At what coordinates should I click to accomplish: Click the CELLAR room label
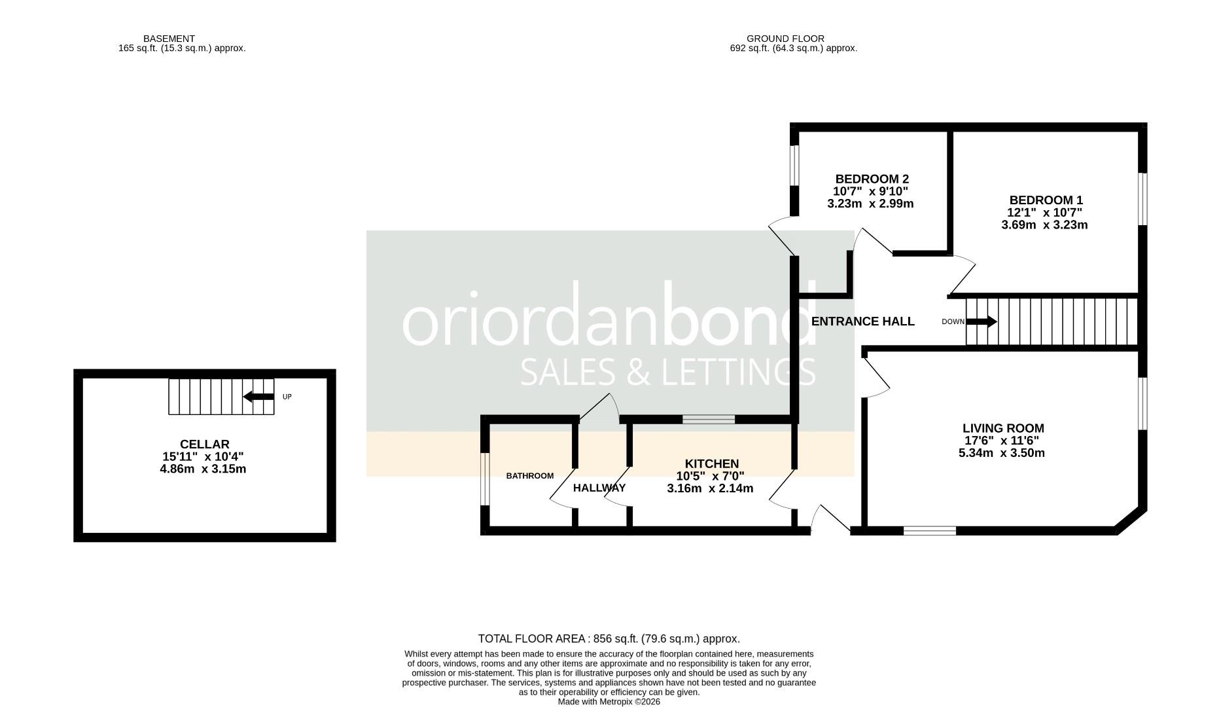(204, 444)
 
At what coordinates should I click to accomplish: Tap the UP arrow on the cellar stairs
(258, 397)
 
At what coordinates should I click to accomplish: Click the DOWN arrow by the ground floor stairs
(982, 321)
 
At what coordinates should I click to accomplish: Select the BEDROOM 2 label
(872, 179)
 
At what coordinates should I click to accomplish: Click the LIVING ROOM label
(1002, 429)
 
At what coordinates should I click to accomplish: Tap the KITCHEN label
(711, 464)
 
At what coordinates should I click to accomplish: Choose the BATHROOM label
(529, 476)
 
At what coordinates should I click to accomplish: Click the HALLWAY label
(599, 488)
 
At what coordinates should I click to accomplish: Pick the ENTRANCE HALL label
(862, 321)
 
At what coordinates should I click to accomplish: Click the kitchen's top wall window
(709, 419)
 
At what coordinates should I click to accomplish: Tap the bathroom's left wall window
(485, 479)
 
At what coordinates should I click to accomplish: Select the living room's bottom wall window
(929, 531)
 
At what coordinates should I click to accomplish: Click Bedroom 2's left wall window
(794, 166)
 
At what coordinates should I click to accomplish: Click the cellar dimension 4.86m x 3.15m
(203, 469)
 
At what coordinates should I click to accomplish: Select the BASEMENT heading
(169, 39)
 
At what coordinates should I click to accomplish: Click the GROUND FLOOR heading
(785, 39)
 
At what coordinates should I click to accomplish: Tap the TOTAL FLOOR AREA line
(609, 639)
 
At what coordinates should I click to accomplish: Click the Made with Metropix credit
(609, 702)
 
